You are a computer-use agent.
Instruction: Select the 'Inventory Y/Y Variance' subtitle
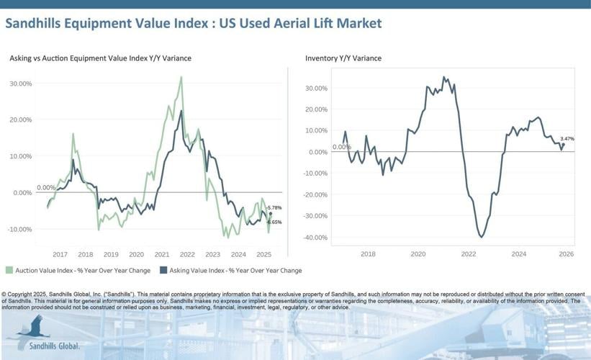(343, 58)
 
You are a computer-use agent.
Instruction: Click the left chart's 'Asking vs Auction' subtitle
(100, 58)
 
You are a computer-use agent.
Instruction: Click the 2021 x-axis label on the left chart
(162, 254)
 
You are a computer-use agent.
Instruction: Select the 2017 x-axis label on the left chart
(60, 254)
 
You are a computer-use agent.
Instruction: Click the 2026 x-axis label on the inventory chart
(566, 254)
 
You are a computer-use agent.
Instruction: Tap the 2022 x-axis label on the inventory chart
(468, 254)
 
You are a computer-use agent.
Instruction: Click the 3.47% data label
(567, 138)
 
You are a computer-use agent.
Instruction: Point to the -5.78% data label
(274, 207)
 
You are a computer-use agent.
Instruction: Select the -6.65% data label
(274, 222)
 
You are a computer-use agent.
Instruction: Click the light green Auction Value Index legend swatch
(9, 271)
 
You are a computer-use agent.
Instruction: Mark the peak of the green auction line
(181, 77)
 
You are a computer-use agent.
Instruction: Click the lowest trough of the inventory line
(481, 237)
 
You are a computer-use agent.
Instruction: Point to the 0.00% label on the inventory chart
(341, 147)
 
